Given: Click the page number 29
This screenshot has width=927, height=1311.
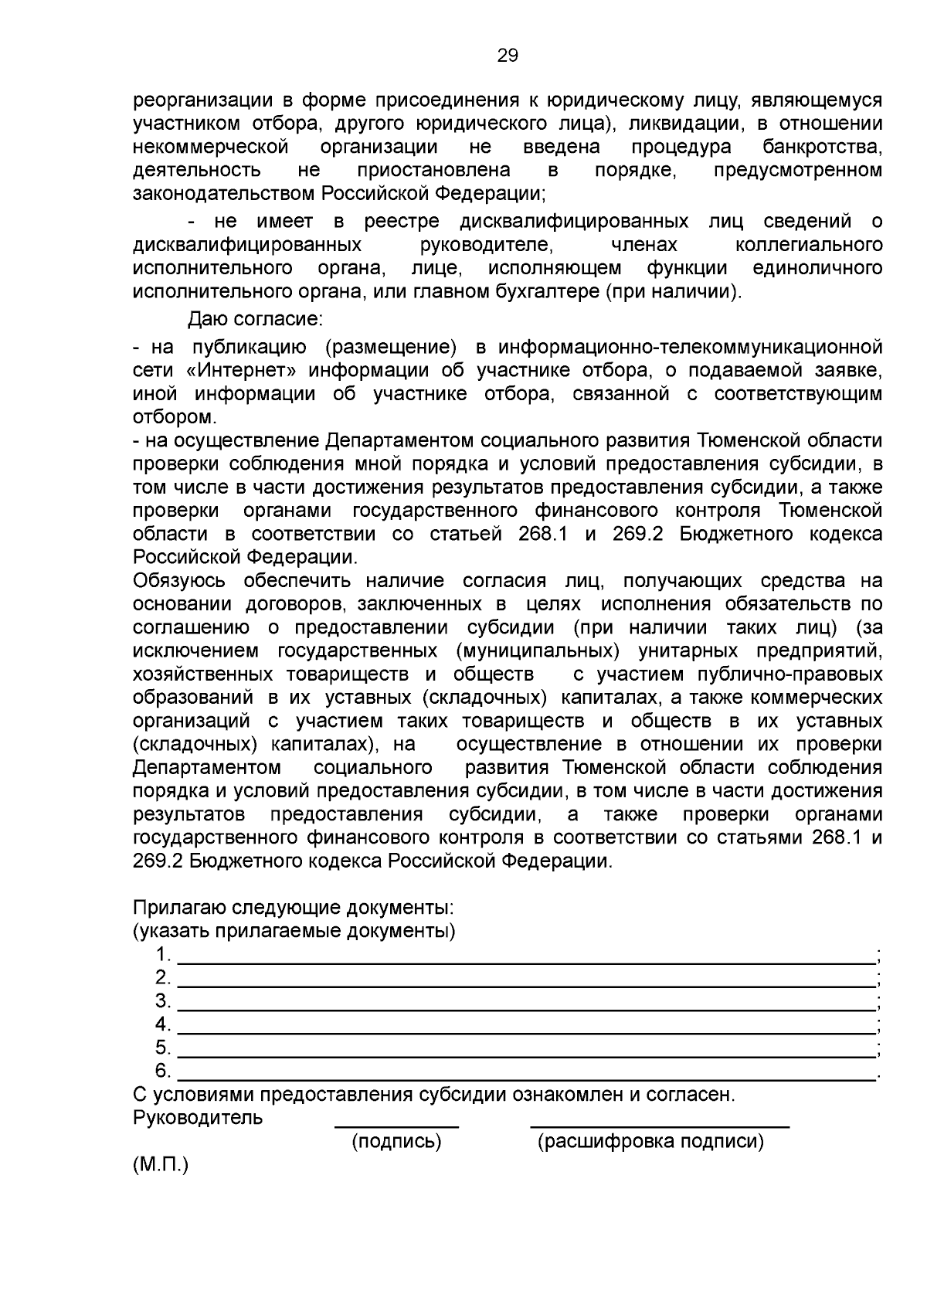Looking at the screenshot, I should [x=508, y=56].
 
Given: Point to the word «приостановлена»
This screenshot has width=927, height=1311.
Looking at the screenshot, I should [x=433, y=170].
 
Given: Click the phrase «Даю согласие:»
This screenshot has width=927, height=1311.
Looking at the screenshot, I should [x=255, y=318].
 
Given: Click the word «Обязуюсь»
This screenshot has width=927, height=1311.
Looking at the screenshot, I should [x=179, y=581].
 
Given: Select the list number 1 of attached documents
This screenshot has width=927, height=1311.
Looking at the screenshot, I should [x=161, y=955].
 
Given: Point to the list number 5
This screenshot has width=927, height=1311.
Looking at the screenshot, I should [x=161, y=1048].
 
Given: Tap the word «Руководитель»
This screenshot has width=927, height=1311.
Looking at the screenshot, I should [x=198, y=1118].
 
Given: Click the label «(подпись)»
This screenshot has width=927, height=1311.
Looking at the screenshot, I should [x=396, y=1141].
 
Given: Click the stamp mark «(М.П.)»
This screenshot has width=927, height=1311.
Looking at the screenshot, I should [x=161, y=1165].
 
